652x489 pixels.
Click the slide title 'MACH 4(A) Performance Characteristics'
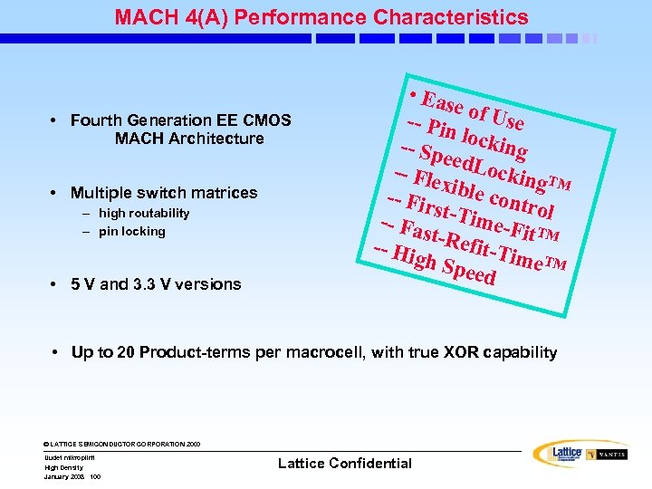click(x=321, y=16)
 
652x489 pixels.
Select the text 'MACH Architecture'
click(x=189, y=139)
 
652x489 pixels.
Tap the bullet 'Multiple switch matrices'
click(x=163, y=193)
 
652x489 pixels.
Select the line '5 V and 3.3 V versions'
click(x=156, y=284)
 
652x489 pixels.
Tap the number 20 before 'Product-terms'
click(x=126, y=352)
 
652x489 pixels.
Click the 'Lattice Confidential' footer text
click(x=344, y=464)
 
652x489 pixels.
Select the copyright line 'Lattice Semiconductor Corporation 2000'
click(x=122, y=444)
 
